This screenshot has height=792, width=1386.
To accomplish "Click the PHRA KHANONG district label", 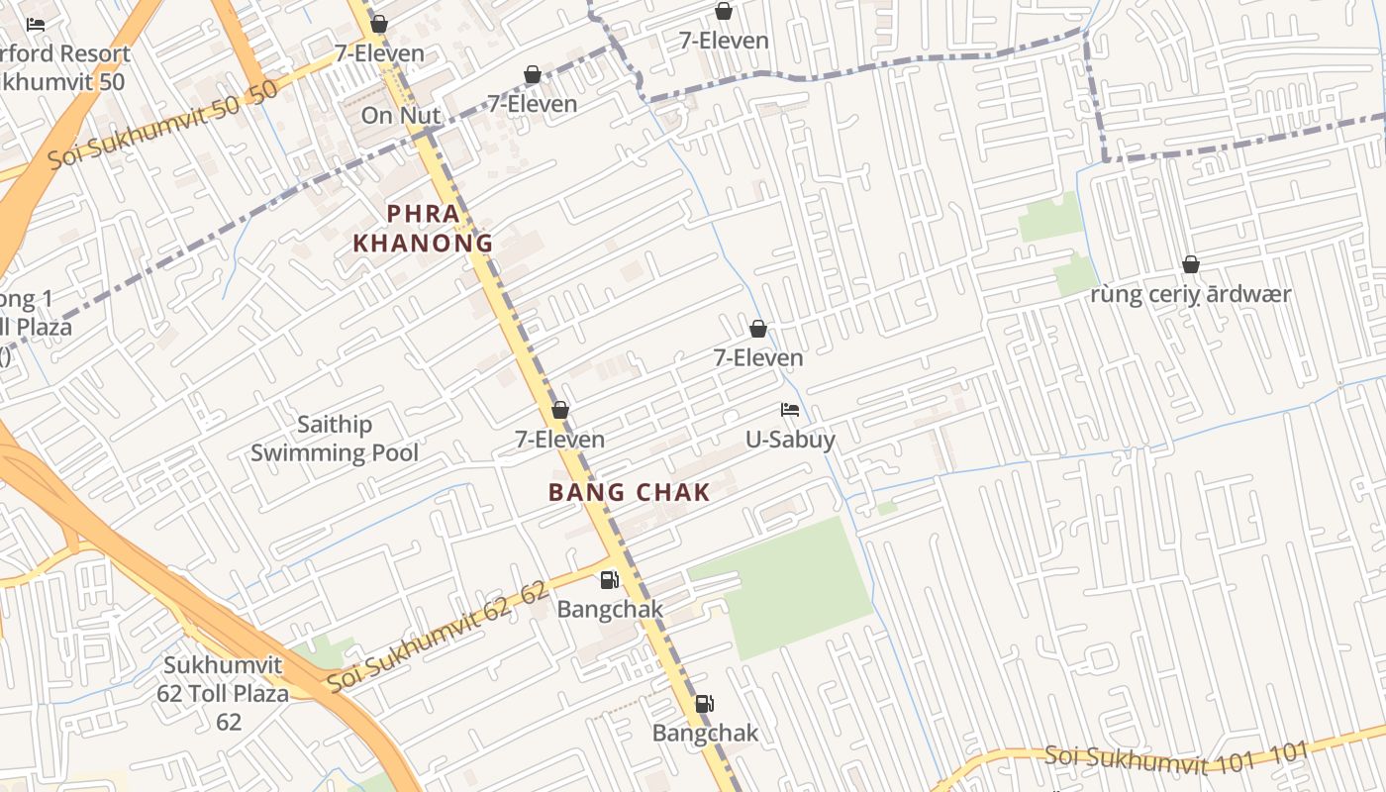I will click(x=423, y=229).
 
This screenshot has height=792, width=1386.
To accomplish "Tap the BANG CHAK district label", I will click(x=630, y=492).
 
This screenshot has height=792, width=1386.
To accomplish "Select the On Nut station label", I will click(x=400, y=115).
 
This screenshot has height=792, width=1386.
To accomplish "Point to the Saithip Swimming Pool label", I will click(x=335, y=439).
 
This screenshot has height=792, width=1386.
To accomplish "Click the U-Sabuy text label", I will click(x=790, y=439).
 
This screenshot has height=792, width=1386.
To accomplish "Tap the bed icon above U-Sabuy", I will click(x=790, y=409).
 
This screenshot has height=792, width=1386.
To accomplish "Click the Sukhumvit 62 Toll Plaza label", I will click(x=223, y=693).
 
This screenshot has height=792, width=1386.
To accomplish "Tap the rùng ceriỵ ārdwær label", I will click(x=1191, y=294).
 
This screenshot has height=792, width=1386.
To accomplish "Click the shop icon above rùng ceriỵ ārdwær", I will click(x=1191, y=264).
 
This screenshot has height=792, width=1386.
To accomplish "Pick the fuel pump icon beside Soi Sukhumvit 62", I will click(x=610, y=580).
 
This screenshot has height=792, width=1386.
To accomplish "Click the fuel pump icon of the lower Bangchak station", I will click(x=704, y=704).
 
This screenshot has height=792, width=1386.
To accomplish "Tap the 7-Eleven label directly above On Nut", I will click(x=379, y=53).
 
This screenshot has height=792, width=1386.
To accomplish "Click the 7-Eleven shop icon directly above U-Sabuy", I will click(x=758, y=329).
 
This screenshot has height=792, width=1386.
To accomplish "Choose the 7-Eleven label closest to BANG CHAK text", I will click(x=560, y=439).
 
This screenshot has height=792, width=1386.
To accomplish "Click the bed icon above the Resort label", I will click(x=37, y=25).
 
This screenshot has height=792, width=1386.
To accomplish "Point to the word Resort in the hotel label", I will click(x=95, y=53).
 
